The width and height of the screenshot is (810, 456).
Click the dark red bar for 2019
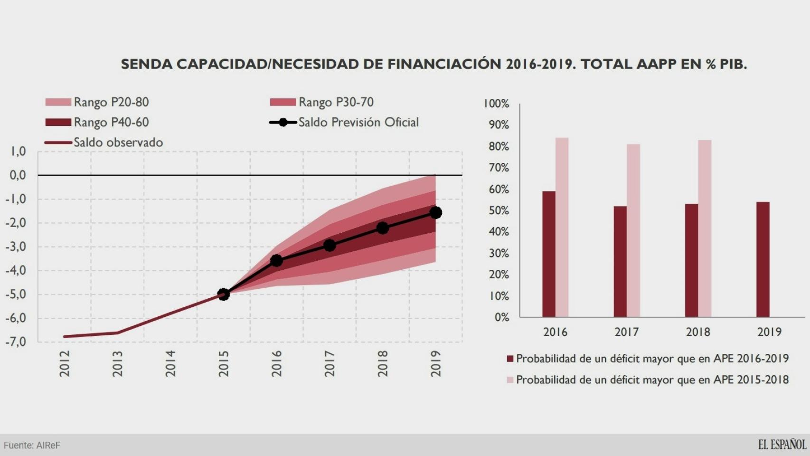coord(763,259)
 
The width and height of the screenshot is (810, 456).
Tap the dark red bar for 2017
coord(620,261)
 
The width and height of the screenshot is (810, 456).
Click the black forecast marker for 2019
coord(435,212)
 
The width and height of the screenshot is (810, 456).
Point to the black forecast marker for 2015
coord(223,294)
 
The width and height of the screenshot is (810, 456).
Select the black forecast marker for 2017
coord(330,245)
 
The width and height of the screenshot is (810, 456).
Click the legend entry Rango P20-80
coord(98,102)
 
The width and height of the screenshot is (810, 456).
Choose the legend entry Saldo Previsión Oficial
coord(345,123)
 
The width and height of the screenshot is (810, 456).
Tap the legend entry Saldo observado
coord(104,142)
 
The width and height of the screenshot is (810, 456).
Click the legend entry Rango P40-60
coord(98,123)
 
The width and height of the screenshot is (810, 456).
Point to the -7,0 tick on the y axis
coord(16,342)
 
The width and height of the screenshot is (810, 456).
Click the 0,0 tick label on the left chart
coord(18,175)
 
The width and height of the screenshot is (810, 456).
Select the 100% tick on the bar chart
coord(496,104)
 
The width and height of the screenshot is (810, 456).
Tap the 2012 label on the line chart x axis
coord(65,363)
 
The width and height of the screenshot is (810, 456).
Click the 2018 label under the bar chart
coord(697,332)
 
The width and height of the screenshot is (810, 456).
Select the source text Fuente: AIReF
coord(32,446)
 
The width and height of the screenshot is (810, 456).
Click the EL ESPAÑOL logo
coord(782,445)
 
